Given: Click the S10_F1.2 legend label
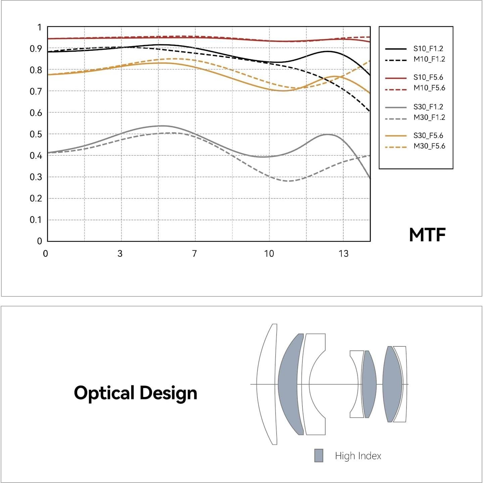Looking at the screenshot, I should (x=428, y=49).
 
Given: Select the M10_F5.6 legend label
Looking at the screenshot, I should (x=429, y=88).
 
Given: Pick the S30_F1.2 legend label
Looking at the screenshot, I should (x=428, y=107).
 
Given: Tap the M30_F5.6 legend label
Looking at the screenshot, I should (x=429, y=146).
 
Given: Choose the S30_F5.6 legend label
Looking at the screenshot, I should (x=428, y=136).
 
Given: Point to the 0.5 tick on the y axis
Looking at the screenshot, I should (x=36, y=134).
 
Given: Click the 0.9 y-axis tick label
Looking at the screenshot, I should (x=36, y=49).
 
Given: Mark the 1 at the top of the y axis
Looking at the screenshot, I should (x=40, y=27).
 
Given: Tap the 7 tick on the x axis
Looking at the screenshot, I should (x=194, y=253).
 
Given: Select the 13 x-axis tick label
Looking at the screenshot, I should (x=343, y=253).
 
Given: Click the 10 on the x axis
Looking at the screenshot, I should (x=269, y=253).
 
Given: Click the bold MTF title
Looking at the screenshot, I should (x=427, y=235).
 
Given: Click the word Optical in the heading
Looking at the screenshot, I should (x=104, y=393).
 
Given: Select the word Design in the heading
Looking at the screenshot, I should (x=168, y=393).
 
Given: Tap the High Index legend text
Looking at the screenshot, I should (x=358, y=456).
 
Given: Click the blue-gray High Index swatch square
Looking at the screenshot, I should (x=319, y=455).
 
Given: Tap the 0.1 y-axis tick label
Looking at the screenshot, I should (x=36, y=220).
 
